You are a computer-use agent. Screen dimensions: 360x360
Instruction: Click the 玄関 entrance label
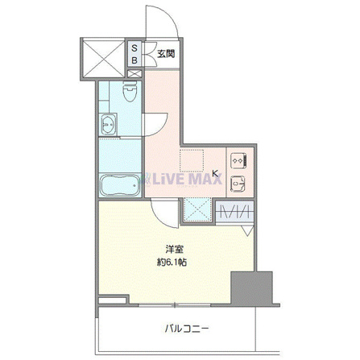pos(166,54)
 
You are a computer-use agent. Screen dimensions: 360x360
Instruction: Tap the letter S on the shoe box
pos(134,48)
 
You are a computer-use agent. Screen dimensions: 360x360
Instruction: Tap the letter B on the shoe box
pos(134,60)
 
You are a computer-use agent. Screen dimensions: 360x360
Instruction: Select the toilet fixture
pos(130,91)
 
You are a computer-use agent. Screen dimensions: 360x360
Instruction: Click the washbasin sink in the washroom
pos(108,124)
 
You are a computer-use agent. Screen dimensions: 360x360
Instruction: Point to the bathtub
pos(120,185)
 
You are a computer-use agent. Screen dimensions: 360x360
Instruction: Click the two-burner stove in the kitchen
pos(238,160)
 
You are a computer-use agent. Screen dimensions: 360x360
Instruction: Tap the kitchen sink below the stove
pos(238,184)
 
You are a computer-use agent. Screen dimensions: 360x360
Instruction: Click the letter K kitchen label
pos(215,173)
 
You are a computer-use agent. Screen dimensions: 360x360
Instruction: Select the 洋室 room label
pos(175,250)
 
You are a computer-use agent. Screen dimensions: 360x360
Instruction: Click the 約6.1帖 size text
pos(172,263)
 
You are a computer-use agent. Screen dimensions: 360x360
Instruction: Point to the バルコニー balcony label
pos(186,328)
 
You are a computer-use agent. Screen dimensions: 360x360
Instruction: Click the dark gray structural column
pos(252,288)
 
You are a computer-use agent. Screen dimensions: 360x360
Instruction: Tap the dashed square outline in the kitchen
pos(192,160)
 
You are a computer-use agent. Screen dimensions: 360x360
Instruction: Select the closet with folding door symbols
pos(235,211)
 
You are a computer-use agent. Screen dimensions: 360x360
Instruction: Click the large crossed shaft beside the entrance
pos(103,59)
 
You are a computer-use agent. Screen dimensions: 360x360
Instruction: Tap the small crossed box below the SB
pos(134,73)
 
